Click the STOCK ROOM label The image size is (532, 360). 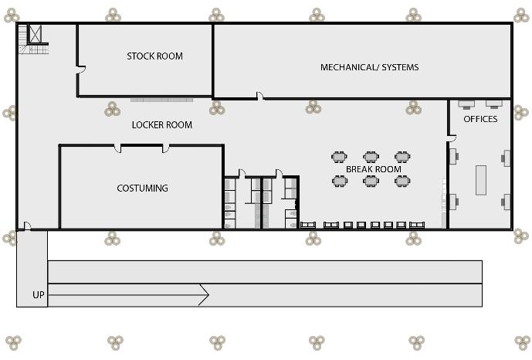(154, 56)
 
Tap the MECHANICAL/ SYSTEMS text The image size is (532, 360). (369, 67)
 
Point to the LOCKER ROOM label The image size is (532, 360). (161, 125)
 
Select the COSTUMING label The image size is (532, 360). (142, 188)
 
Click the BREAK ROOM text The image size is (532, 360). (373, 169)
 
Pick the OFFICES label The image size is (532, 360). (480, 120)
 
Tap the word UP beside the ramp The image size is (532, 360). (38, 295)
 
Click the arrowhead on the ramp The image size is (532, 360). (204, 294)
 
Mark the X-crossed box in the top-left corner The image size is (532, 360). (35, 34)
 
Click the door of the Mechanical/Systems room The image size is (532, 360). (260, 97)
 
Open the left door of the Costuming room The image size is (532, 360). (117, 148)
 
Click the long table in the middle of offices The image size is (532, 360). (481, 181)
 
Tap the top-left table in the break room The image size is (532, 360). (340, 157)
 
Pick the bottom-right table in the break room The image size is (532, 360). (402, 182)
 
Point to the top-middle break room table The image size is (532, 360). (371, 157)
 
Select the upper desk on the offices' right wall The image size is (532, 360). (507, 158)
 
